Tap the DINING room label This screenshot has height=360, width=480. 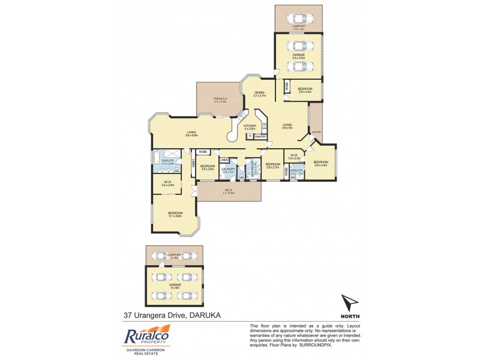(259, 93)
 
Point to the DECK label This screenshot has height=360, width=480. (228, 190)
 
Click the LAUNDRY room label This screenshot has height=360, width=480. (227, 169)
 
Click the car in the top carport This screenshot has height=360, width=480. (299, 17)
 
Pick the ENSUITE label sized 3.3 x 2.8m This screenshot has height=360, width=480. (168, 161)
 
